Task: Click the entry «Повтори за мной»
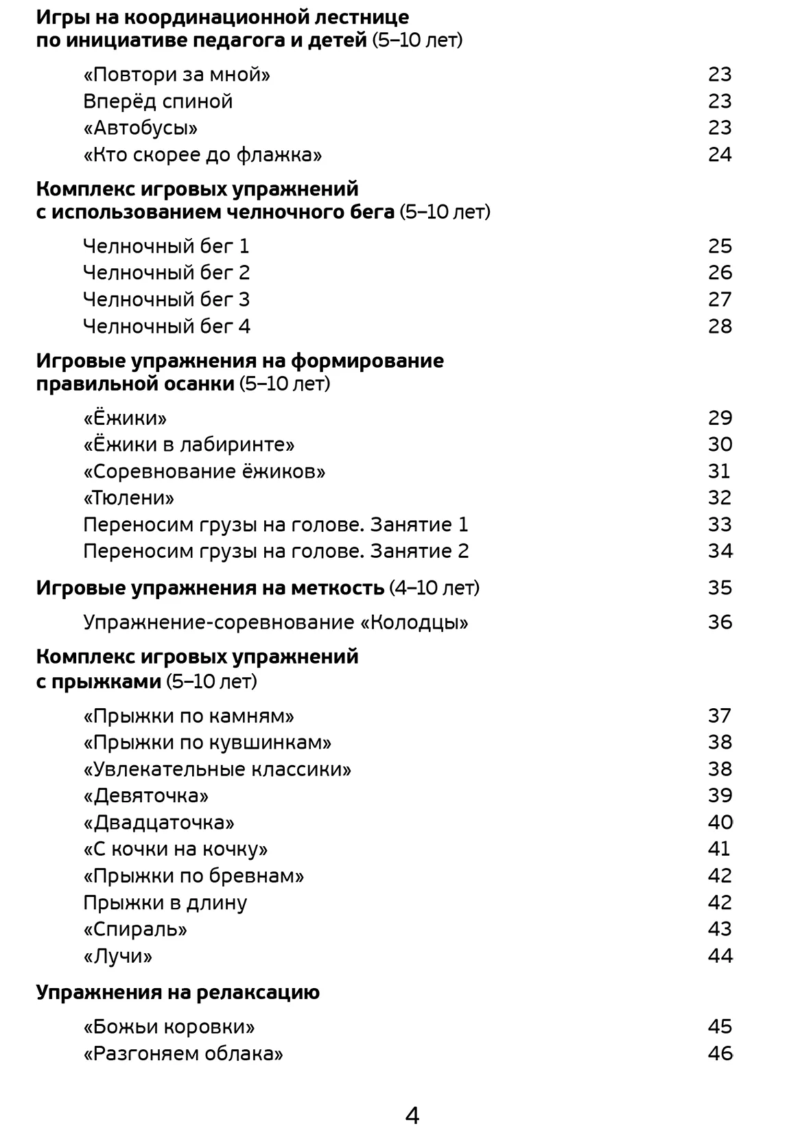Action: pyautogui.click(x=176, y=74)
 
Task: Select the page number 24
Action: pyautogui.click(x=720, y=154)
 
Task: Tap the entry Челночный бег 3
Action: pyautogui.click(x=166, y=299)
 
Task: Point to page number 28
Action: pyautogui.click(x=720, y=326)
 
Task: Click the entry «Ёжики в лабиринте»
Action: pyautogui.click(x=189, y=445)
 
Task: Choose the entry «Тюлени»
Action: pyautogui.click(x=128, y=498)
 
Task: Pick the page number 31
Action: pyautogui.click(x=719, y=471)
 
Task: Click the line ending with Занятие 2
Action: pyautogui.click(x=276, y=551)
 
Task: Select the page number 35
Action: pyautogui.click(x=720, y=587)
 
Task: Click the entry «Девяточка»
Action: pyautogui.click(x=145, y=795)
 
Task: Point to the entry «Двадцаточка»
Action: pyautogui.click(x=158, y=822)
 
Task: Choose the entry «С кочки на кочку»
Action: pyautogui.click(x=175, y=849)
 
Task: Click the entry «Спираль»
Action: pyautogui.click(x=135, y=929)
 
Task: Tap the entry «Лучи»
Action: pyautogui.click(x=117, y=956)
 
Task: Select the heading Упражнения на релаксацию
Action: pyautogui.click(x=178, y=992)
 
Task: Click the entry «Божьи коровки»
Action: pyautogui.click(x=169, y=1027)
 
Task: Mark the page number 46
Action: pyautogui.click(x=720, y=1053)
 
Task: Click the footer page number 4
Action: pyautogui.click(x=412, y=1116)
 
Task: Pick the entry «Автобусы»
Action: pyautogui.click(x=141, y=128)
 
